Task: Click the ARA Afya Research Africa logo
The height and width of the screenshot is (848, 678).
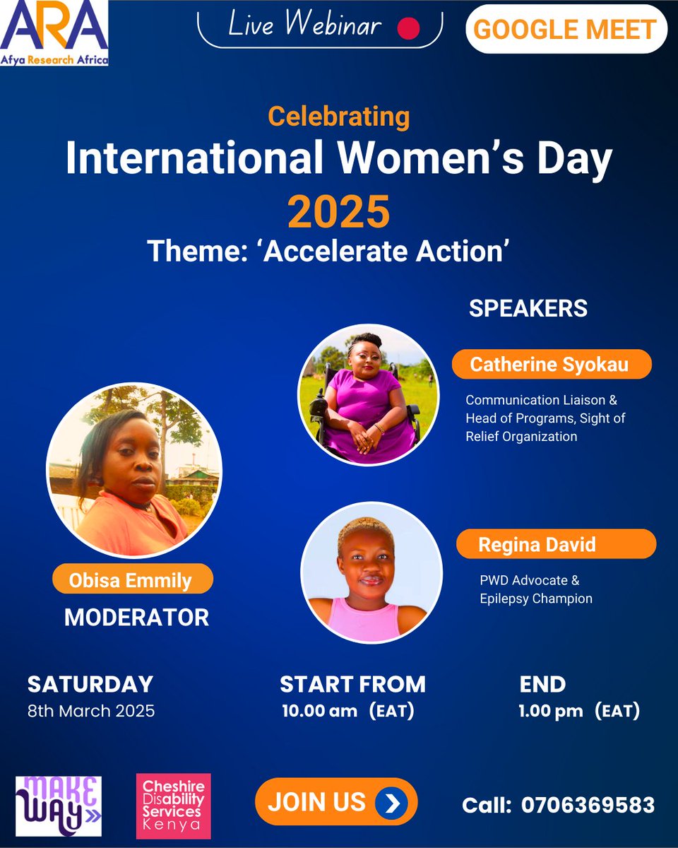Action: pos(54,33)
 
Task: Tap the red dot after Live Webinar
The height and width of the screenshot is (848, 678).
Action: pos(409,28)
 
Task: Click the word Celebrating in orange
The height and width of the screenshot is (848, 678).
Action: pos(338,116)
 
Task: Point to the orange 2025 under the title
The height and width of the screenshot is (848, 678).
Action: pos(338,211)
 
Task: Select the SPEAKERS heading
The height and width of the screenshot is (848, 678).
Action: pos(528,309)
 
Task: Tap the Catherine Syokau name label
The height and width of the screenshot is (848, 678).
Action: pos(550,365)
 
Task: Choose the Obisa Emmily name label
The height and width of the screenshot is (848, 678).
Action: pos(131,580)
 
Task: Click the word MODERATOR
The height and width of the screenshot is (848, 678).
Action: pos(136,617)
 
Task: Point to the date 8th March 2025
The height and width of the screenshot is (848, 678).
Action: pos(91,711)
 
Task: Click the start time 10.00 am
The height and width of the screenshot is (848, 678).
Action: pos(319,711)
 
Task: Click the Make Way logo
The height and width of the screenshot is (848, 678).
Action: pos(59,806)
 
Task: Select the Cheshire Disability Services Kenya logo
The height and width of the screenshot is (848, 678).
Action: pos(173,805)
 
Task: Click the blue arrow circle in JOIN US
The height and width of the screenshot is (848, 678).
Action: pos(388,802)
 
